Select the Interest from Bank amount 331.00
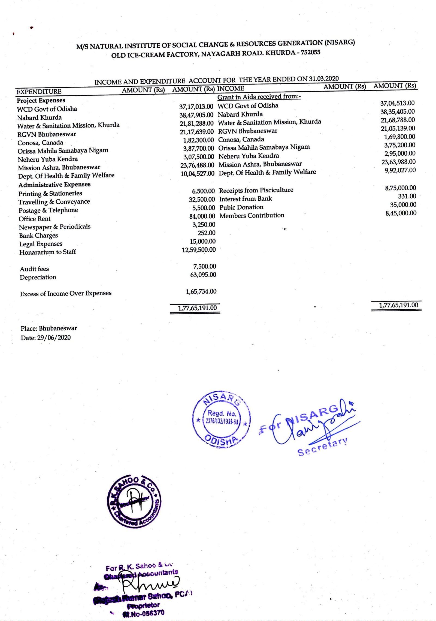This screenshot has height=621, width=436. (407, 196)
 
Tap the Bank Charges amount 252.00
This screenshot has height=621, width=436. (206, 233)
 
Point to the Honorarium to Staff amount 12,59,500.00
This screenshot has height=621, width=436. (199, 250)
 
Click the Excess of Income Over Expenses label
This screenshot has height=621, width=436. (66, 294)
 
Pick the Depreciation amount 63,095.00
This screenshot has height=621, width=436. (203, 275)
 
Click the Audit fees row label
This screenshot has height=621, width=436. (34, 269)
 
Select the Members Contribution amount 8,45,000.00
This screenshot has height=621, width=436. (401, 213)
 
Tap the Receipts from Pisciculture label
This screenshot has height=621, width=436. (256, 190)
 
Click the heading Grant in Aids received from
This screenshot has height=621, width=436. (259, 97)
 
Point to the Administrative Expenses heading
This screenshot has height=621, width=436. (55, 185)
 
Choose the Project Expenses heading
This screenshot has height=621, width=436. (41, 101)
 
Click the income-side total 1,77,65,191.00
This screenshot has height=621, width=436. (398, 305)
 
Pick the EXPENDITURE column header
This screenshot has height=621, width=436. (39, 92)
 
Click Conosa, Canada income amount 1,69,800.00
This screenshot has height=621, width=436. (399, 137)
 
